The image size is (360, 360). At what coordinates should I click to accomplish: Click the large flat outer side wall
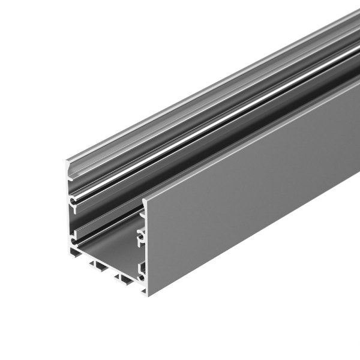pyautogui.click(x=252, y=198)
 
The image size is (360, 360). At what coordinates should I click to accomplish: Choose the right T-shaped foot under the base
pyautogui.click(x=124, y=278)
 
